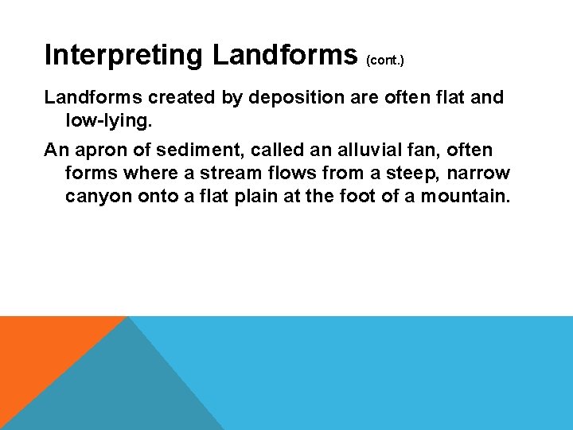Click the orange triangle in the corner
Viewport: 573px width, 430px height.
[40, 350]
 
